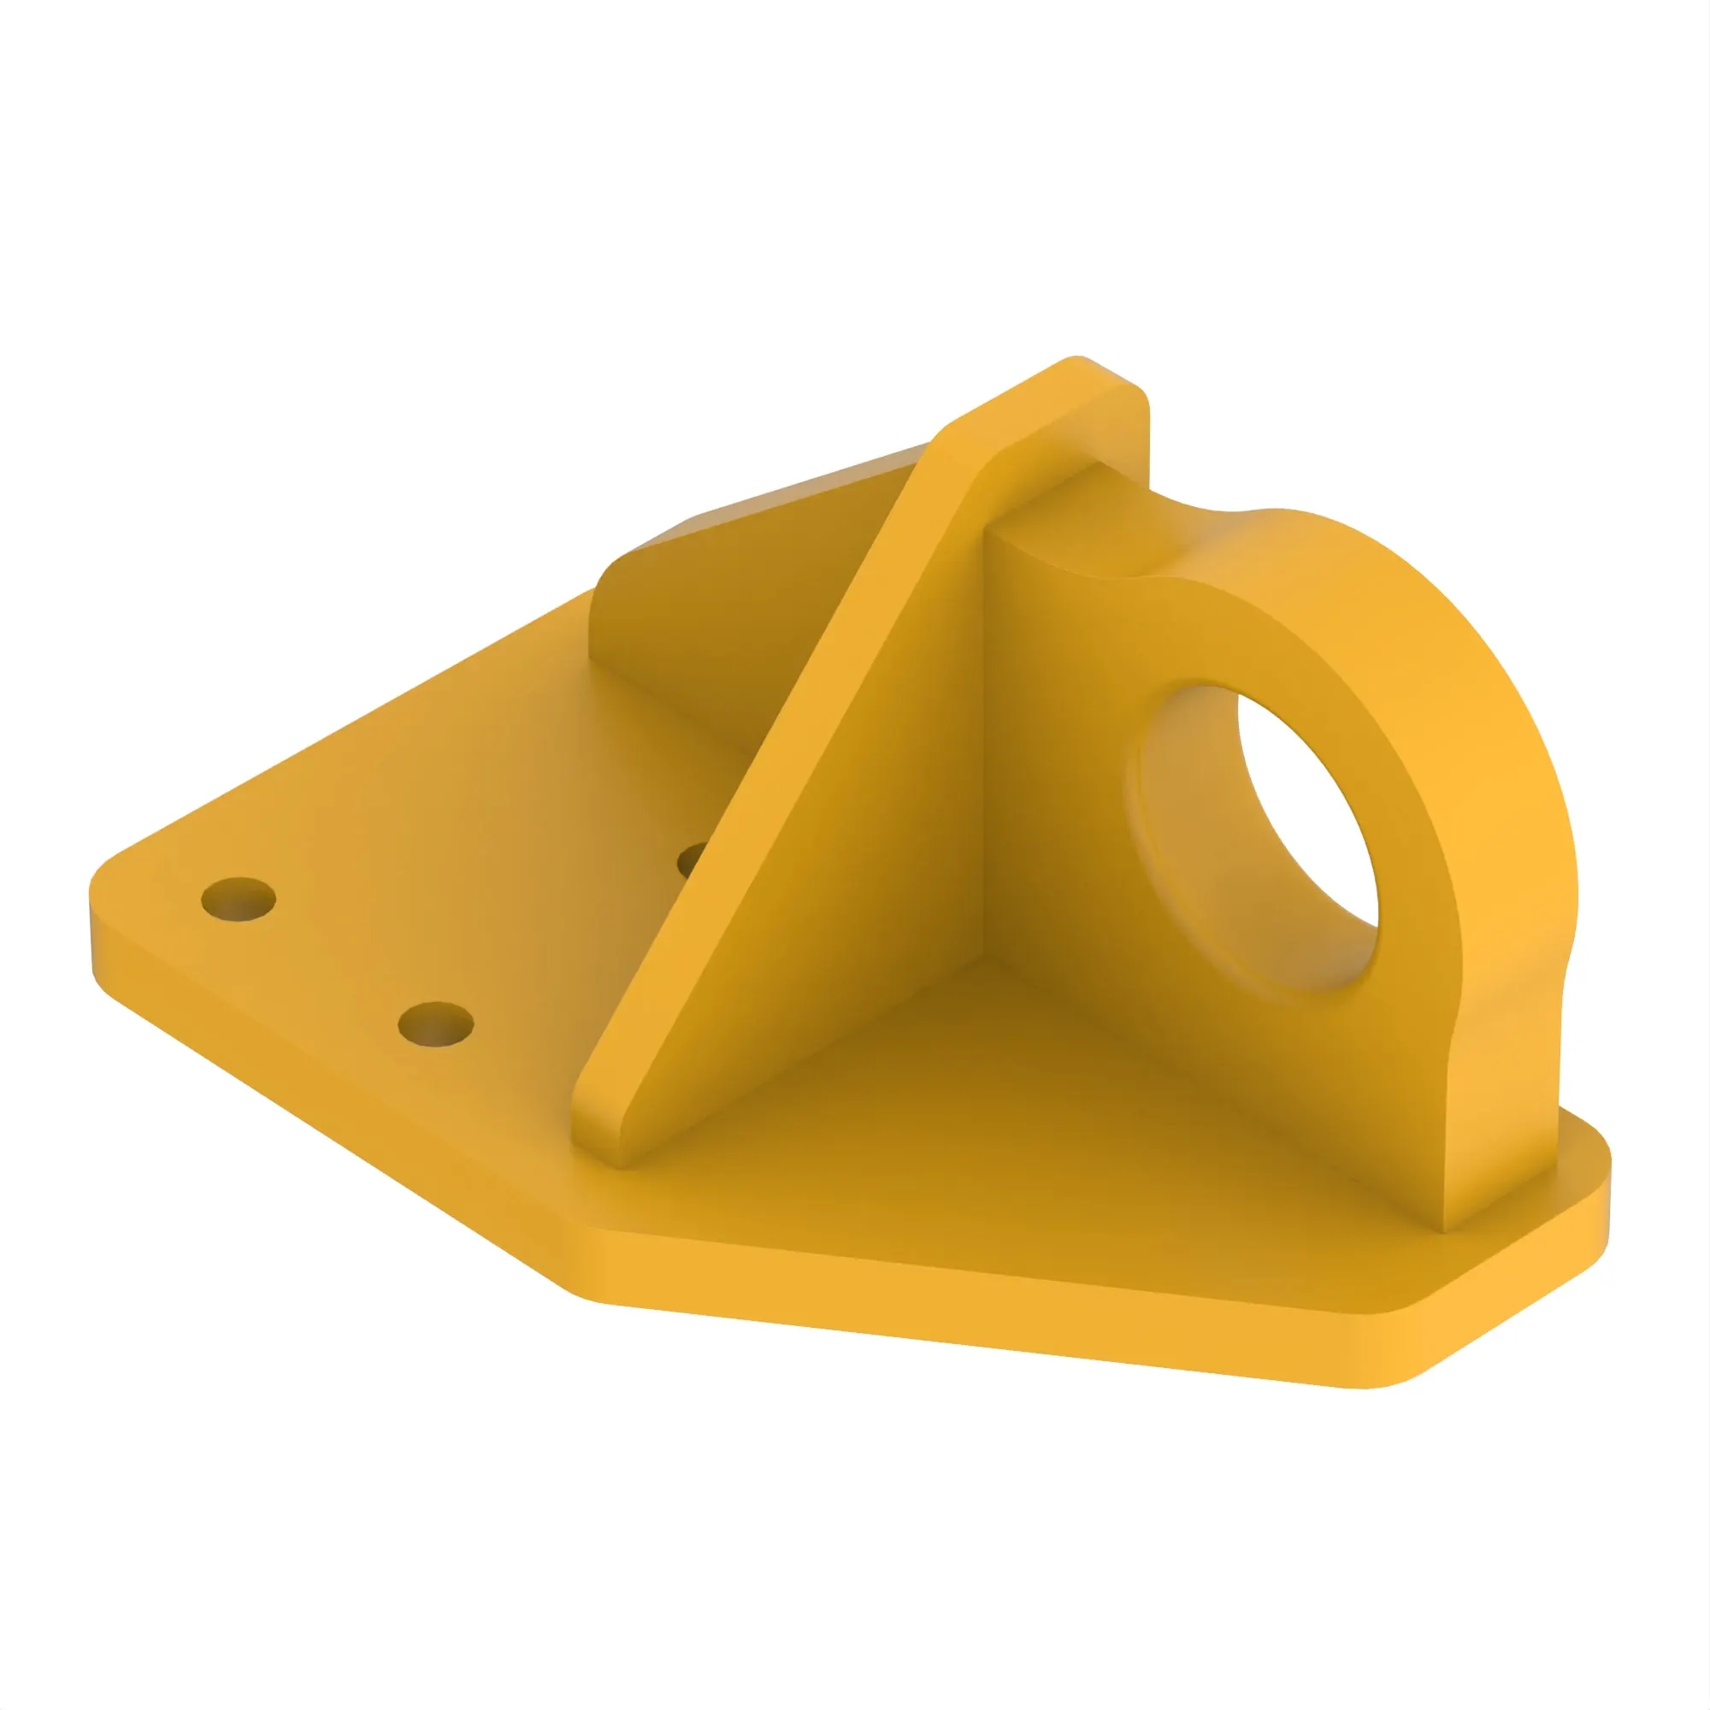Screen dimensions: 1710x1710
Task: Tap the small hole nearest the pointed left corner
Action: (x=238, y=899)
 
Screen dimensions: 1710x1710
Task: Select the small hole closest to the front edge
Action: (x=435, y=1025)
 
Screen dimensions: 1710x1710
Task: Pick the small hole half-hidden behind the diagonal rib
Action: (x=693, y=859)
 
